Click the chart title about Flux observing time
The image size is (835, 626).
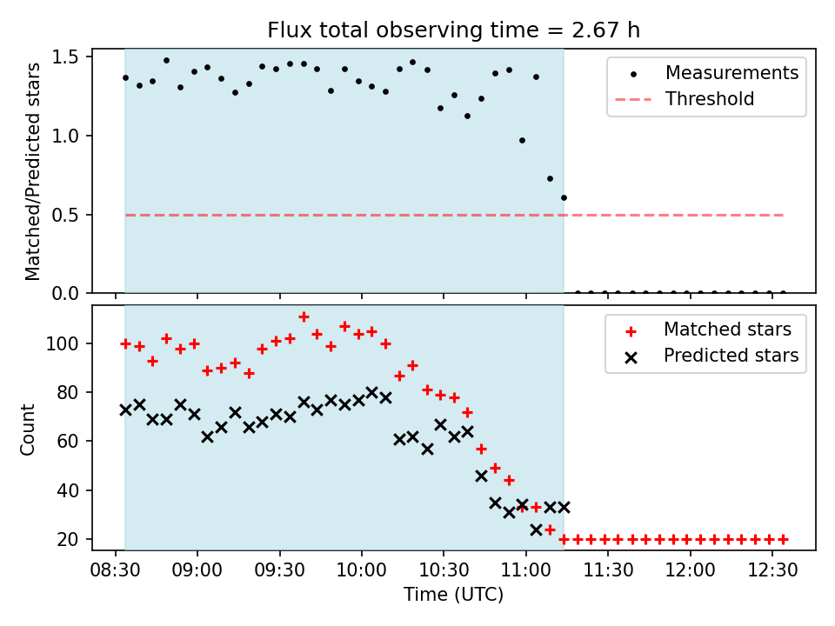453,30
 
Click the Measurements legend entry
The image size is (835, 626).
731,73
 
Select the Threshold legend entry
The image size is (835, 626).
710,99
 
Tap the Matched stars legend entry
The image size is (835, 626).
727,330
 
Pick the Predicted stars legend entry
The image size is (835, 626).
731,355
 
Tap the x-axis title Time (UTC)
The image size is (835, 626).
453,595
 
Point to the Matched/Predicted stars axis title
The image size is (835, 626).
33,171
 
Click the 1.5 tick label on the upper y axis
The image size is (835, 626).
69,57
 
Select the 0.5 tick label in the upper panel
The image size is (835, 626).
69,215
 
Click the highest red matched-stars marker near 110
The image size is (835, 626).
304,317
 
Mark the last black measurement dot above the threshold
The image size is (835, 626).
564,197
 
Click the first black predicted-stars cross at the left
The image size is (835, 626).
125,410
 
